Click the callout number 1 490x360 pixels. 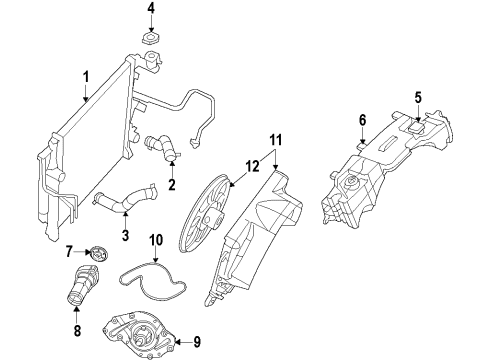[x=86, y=75]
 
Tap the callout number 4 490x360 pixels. [x=151, y=10]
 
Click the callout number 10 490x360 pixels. [x=156, y=239]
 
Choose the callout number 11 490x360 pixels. [x=277, y=140]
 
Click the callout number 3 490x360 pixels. [x=125, y=236]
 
